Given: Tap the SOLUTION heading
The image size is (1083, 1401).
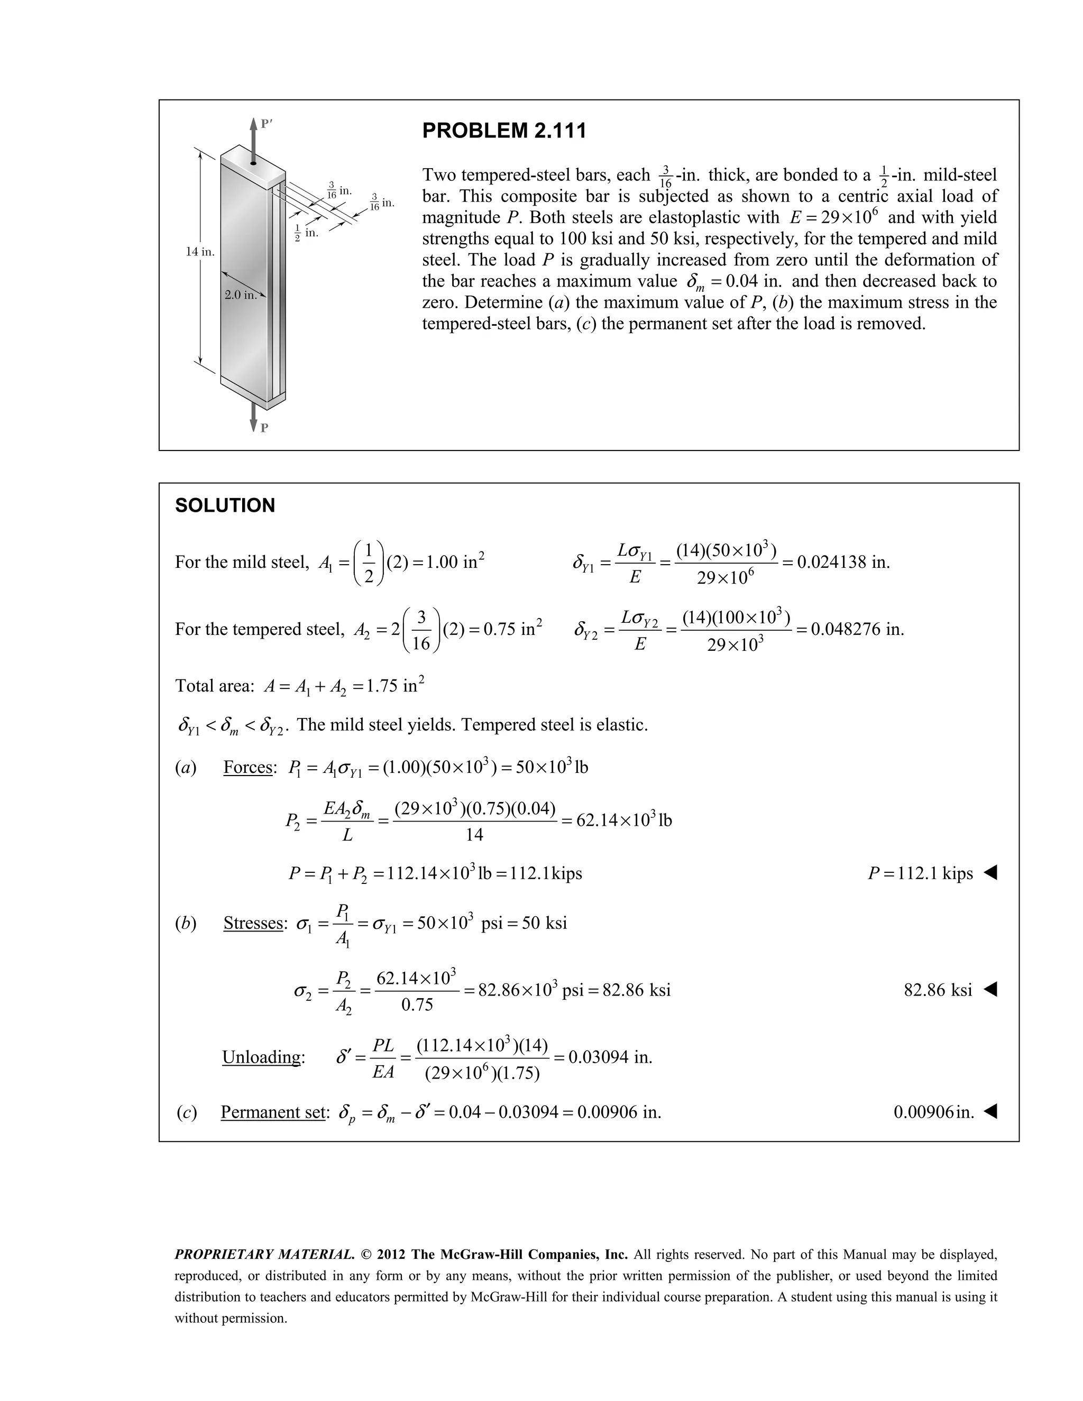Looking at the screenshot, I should [225, 505].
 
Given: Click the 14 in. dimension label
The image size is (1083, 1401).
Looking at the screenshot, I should [199, 252].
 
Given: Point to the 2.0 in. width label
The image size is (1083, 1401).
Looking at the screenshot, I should [241, 295].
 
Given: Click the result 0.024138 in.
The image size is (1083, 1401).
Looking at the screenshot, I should [843, 563].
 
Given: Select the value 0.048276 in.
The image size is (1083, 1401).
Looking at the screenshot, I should [857, 629].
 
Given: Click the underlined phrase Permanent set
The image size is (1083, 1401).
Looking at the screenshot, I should [273, 1112].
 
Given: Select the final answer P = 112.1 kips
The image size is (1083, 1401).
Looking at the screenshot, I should [920, 874].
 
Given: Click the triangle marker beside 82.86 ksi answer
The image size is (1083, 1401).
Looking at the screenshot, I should [990, 990].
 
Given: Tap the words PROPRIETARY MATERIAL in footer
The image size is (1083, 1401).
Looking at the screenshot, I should [264, 1254].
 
